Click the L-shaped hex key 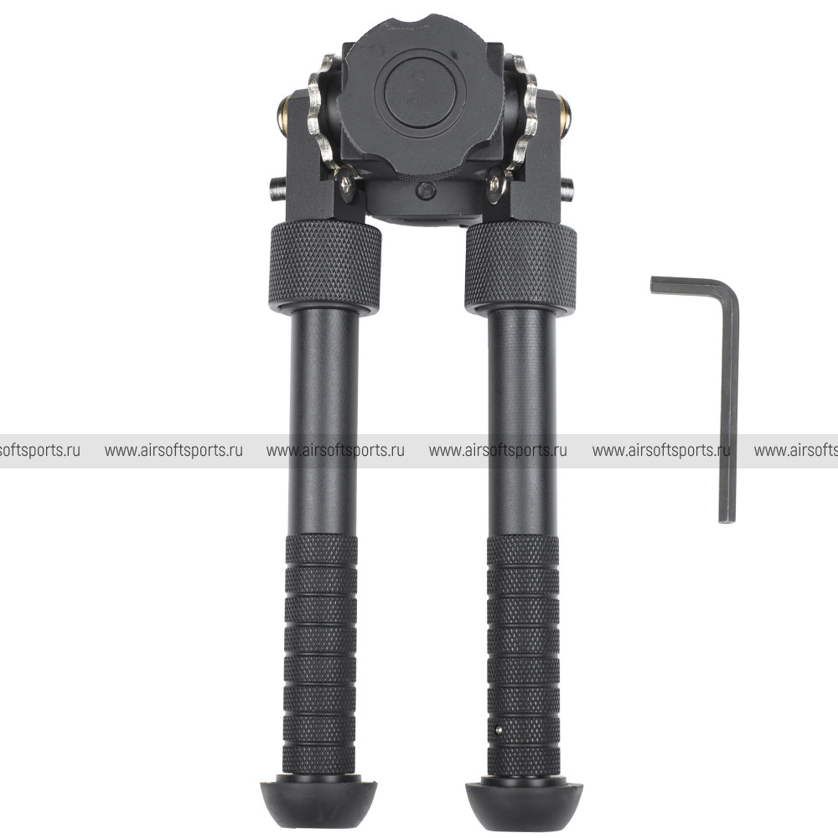tap(728, 406)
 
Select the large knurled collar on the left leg tap(325, 268)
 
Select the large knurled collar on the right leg tap(520, 268)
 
